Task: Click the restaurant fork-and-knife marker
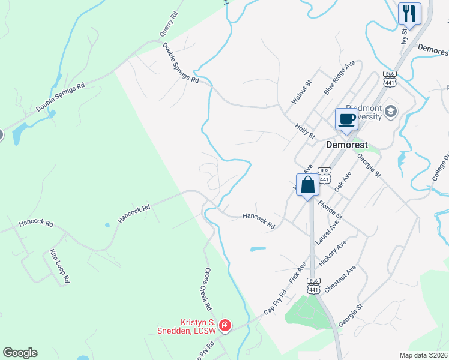pyautogui.click(x=409, y=13)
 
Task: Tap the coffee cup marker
pyautogui.click(x=346, y=118)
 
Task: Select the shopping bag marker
pyautogui.click(x=307, y=185)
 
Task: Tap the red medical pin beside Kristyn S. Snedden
pyautogui.click(x=224, y=326)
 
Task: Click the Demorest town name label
pyautogui.click(x=346, y=145)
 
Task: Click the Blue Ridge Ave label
pyautogui.click(x=340, y=77)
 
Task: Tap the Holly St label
pyautogui.click(x=305, y=131)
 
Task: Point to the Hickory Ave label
pyautogui.click(x=333, y=253)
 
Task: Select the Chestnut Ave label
pyautogui.click(x=340, y=279)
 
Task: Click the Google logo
pyautogui.click(x=20, y=353)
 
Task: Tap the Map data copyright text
pyautogui.click(x=424, y=355)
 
